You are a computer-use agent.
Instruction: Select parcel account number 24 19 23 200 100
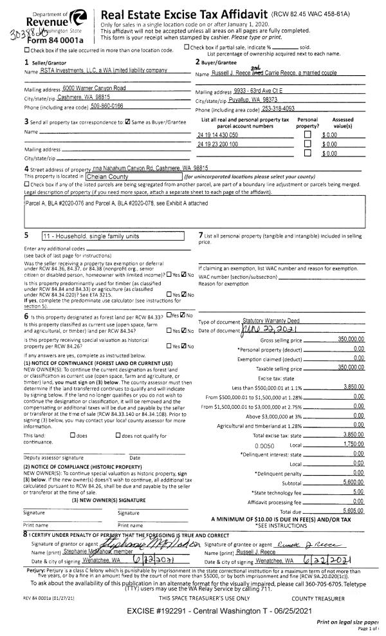(217, 144)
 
